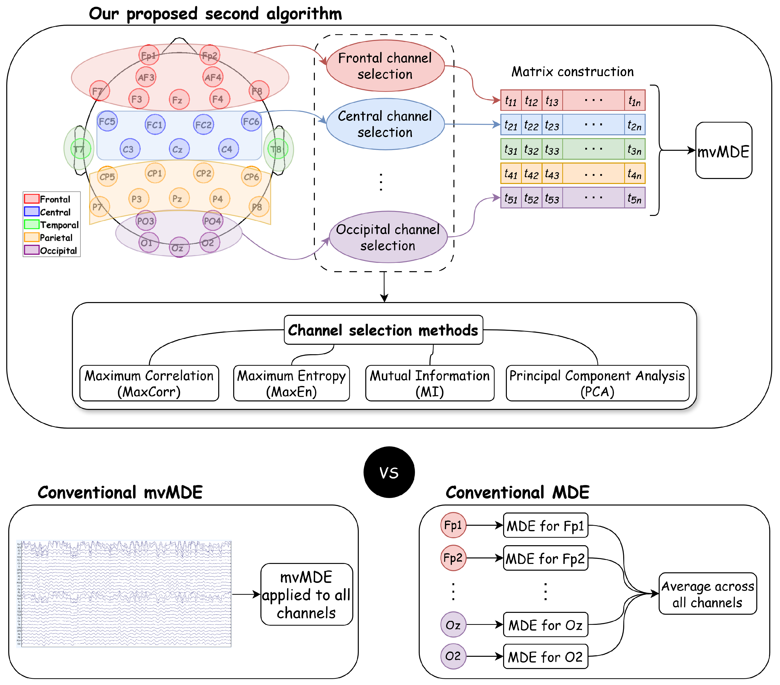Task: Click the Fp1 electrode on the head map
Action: point(149,55)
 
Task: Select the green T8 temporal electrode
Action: point(277,149)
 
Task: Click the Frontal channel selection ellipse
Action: point(385,66)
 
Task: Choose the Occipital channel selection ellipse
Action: point(388,237)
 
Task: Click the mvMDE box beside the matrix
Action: point(723,151)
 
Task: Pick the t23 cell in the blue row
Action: point(552,125)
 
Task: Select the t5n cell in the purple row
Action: point(634,198)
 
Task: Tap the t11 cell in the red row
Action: point(511,100)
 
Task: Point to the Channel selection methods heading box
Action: point(383,330)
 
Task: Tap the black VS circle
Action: point(389,472)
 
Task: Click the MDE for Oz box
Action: point(545,625)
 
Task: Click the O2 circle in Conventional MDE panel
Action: point(453,656)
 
